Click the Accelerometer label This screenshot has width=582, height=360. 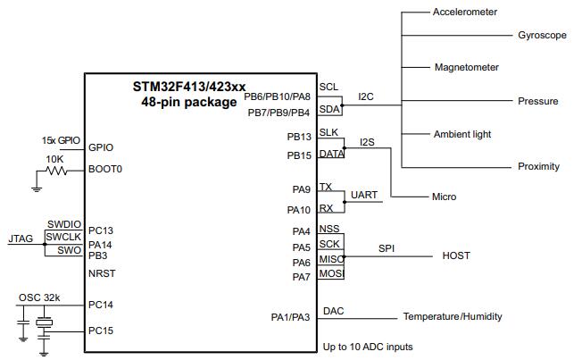tap(464, 13)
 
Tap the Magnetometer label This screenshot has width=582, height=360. tap(466, 68)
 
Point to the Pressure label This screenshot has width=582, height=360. tap(537, 101)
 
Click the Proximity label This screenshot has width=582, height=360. tap(538, 167)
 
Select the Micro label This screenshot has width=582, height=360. tap(444, 197)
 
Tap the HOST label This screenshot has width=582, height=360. tap(456, 256)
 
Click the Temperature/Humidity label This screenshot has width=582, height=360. tap(452, 317)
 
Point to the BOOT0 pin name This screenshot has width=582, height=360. tap(105, 169)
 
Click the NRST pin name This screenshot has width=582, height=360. tap(102, 272)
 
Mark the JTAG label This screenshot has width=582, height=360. tap(21, 239)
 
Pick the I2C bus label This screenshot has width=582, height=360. tap(366, 96)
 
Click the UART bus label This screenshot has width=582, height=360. tap(363, 195)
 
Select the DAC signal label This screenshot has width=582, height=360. tap(333, 310)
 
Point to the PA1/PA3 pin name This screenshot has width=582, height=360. tap(291, 317)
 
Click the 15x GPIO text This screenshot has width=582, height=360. tap(60, 141)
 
